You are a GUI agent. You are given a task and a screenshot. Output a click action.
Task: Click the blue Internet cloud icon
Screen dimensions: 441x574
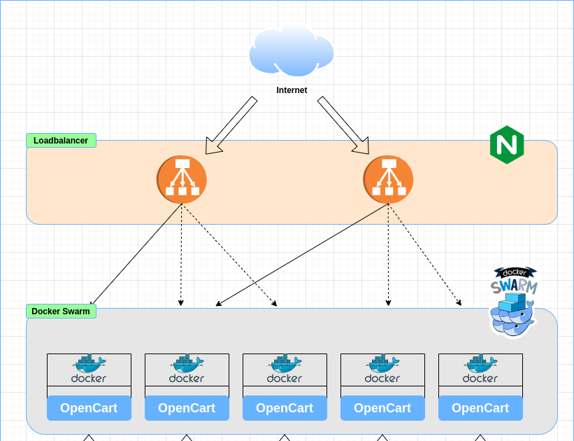click(292, 50)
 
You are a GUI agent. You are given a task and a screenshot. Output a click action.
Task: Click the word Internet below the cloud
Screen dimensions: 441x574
click(292, 90)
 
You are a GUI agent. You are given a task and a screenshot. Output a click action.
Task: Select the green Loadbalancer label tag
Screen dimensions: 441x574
click(61, 141)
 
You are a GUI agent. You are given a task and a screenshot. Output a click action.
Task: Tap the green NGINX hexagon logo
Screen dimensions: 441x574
click(507, 145)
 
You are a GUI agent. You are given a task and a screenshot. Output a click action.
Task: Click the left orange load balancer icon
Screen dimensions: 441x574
click(182, 180)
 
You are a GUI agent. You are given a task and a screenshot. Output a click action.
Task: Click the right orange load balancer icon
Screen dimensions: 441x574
click(388, 180)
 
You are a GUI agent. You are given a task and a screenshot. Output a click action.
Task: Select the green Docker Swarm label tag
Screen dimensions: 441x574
click(61, 311)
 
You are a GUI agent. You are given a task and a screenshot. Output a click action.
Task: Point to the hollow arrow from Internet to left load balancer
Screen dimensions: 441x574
click(231, 125)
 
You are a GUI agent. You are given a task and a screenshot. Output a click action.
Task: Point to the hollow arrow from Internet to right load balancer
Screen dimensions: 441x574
click(343, 125)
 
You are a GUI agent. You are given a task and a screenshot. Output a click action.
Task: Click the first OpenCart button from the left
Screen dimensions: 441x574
click(89, 408)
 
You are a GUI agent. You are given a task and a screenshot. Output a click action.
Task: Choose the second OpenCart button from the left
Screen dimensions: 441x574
click(187, 408)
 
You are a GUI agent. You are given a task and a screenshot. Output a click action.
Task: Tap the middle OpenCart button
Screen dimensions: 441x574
click(285, 408)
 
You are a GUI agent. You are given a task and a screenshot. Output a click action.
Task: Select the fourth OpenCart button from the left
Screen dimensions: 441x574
click(382, 408)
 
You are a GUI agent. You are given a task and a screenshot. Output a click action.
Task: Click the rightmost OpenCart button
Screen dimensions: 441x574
click(480, 408)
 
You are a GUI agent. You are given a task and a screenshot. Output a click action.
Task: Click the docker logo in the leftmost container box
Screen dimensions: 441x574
click(89, 369)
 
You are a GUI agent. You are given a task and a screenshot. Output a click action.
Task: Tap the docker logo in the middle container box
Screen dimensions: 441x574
click(285, 369)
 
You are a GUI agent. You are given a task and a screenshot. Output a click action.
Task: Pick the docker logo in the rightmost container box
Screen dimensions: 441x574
click(480, 369)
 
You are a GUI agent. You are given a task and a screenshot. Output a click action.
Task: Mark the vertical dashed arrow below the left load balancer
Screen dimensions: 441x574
click(181, 255)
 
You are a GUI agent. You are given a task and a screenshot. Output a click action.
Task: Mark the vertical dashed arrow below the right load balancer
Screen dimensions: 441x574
click(388, 255)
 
